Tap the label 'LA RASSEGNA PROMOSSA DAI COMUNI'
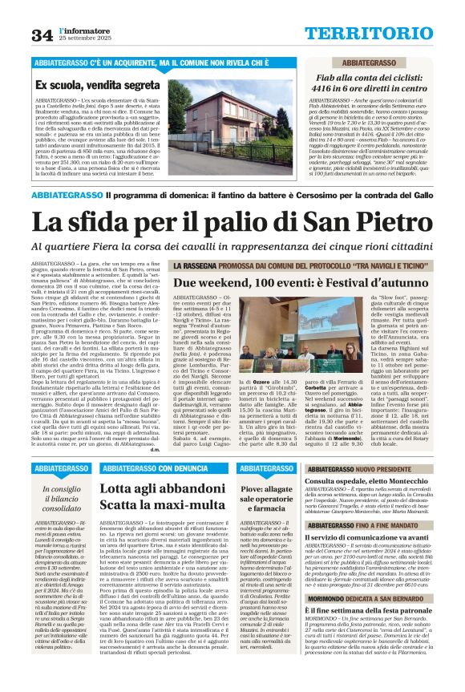click(288, 265)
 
